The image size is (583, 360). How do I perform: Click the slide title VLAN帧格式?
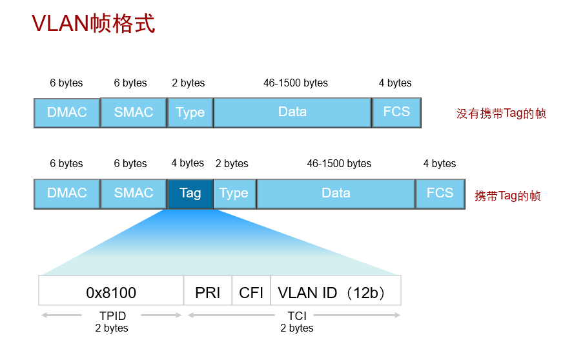click(94, 24)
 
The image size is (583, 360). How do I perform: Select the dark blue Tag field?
click(190, 194)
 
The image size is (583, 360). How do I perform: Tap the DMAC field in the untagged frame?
click(67, 112)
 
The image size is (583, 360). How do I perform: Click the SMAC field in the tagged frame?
click(134, 194)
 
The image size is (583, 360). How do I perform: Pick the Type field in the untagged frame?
click(190, 112)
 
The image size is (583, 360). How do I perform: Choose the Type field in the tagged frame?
click(234, 194)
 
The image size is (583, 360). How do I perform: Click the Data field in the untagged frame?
click(292, 112)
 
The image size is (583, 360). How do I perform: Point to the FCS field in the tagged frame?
click(440, 194)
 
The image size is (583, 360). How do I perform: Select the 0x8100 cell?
click(111, 293)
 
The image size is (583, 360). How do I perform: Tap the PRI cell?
click(208, 293)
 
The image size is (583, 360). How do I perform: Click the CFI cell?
click(251, 293)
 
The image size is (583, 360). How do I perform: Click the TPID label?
click(112, 316)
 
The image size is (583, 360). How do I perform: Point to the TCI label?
click(297, 316)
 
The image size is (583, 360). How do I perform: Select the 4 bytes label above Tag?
click(188, 163)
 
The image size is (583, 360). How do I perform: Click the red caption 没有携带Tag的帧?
click(501, 114)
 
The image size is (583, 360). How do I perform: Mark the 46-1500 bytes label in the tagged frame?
click(339, 164)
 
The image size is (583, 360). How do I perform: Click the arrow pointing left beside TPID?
click(61, 315)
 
